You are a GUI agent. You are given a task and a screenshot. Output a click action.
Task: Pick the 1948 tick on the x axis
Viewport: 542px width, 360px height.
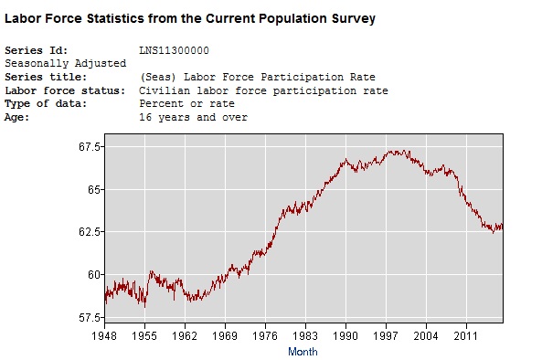105,336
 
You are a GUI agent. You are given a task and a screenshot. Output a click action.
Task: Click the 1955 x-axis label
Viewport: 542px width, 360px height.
145,336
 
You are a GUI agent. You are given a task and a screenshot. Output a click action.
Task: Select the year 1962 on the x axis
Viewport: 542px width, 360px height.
186,336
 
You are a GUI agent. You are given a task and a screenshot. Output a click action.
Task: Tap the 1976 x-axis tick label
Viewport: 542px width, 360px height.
266,336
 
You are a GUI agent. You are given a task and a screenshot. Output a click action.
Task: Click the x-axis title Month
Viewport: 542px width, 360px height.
303,351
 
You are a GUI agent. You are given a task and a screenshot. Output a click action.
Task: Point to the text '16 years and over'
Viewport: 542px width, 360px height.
193,118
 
